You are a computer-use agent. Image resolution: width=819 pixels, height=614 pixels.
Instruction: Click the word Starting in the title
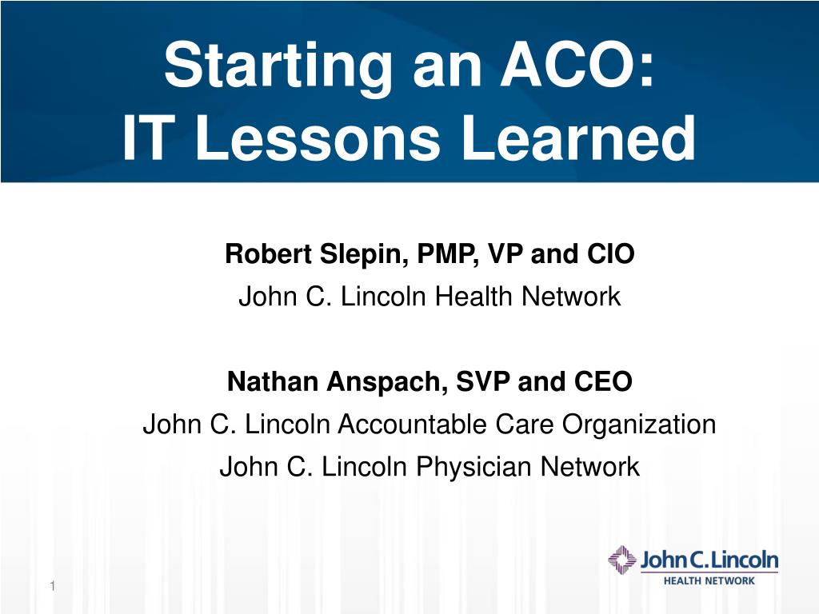(278, 67)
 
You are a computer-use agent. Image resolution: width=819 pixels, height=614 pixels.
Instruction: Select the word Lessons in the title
(318, 138)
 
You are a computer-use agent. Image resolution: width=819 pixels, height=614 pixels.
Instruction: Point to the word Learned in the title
(579, 138)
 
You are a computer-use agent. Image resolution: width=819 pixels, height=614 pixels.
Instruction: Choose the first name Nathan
(273, 381)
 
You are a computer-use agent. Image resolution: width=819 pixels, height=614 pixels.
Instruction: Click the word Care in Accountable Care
(525, 424)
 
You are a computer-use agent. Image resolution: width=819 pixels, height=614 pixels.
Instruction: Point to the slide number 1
(52, 586)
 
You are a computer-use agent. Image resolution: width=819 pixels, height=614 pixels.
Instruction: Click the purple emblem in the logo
(622, 560)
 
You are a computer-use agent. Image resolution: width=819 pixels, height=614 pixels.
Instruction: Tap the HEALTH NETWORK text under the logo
(709, 580)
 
